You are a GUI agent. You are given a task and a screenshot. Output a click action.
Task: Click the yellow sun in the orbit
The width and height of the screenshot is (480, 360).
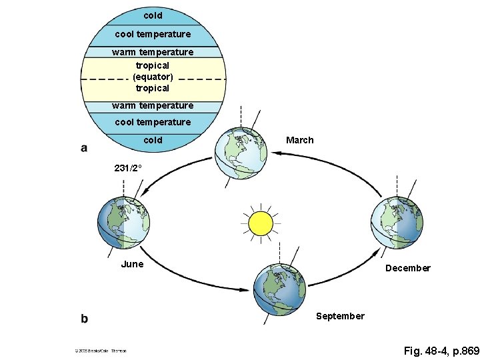[260, 223]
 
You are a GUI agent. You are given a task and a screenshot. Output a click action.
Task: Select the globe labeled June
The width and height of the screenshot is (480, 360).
[124, 222]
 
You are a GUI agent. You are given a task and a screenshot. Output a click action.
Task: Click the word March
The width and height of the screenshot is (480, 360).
[299, 140]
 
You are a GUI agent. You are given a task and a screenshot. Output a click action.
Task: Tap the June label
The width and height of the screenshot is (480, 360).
[132, 264]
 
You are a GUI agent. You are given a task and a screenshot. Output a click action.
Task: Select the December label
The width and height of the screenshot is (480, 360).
[407, 268]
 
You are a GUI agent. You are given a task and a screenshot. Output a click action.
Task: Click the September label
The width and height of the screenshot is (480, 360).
[340, 316]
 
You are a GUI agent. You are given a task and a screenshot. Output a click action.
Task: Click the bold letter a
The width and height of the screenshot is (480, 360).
[84, 148]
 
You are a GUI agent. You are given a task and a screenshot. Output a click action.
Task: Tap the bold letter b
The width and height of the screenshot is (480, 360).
[84, 319]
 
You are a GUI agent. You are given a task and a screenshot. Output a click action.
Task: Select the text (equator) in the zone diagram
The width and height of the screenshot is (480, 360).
[153, 77]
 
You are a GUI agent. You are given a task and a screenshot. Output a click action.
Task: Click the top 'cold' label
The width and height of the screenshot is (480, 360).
[153, 15]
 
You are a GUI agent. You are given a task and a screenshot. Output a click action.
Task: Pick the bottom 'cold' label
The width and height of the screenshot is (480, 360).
[153, 140]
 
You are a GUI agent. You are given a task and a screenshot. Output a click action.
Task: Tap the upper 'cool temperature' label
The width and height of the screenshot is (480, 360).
[153, 33]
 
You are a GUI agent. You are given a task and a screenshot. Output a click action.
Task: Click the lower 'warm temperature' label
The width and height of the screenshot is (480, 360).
[153, 105]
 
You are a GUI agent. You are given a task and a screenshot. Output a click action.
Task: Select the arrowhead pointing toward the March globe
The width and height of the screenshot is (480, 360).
[275, 153]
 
